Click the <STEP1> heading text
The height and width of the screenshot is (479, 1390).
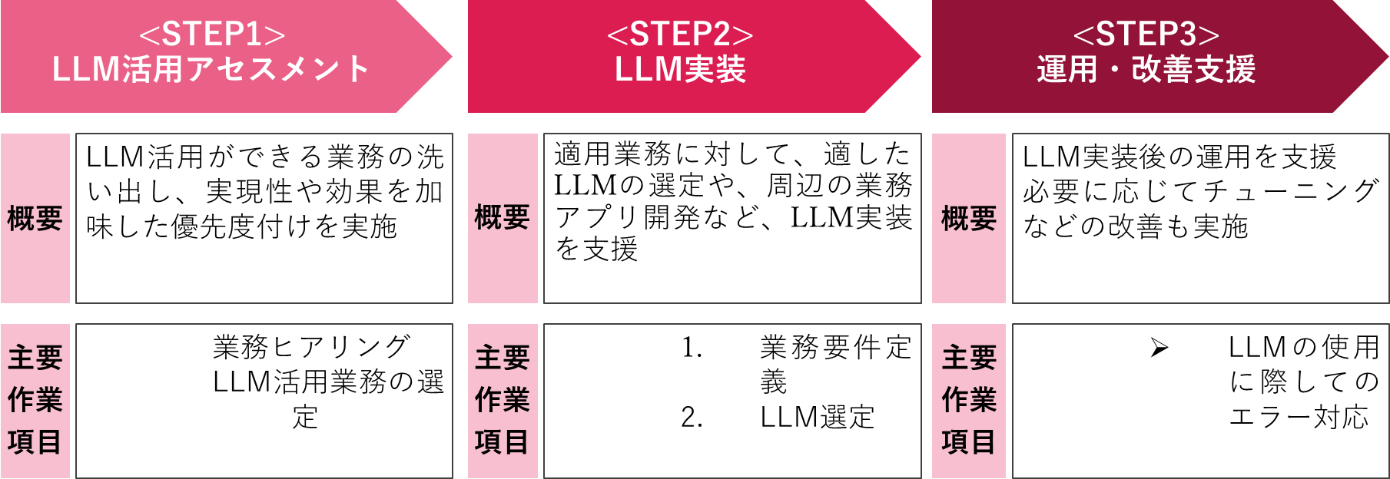(211, 35)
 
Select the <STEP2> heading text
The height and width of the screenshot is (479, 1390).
(680, 35)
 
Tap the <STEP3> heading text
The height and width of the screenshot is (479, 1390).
(1146, 35)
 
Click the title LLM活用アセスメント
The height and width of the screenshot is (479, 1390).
(211, 70)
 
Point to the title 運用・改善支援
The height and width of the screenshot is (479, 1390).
(1146, 70)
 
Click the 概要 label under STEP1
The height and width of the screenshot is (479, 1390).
(35, 219)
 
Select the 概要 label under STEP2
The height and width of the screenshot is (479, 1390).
(502, 218)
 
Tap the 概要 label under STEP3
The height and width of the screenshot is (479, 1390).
(968, 219)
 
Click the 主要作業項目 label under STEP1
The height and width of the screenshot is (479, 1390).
(35, 400)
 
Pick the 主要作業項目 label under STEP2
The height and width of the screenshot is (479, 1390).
(502, 400)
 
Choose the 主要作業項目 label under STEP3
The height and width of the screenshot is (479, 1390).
(968, 400)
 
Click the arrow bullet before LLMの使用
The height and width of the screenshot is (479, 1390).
(1159, 349)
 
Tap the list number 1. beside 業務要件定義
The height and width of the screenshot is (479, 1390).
(692, 349)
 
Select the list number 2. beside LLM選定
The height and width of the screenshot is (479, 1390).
(692, 418)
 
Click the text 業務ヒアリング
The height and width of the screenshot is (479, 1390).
(311, 347)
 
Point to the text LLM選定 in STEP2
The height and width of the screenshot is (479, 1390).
(817, 418)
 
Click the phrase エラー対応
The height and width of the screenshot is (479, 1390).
(1299, 418)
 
